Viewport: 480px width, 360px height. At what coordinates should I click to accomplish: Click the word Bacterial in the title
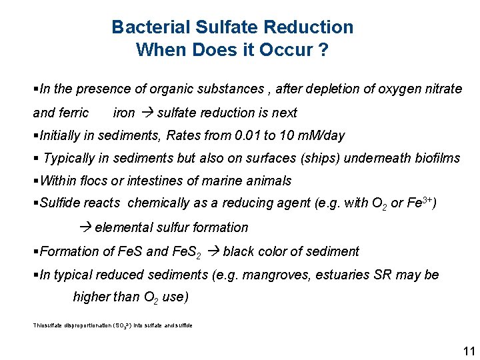pyautogui.click(x=151, y=27)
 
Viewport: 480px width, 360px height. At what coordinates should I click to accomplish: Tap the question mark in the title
pyautogui.click(x=323, y=50)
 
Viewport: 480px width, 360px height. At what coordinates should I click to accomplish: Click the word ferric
pyautogui.click(x=73, y=113)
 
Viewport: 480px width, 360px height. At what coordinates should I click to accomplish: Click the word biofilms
pyautogui.click(x=436, y=158)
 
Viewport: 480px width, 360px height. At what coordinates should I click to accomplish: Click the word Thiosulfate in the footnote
pyautogui.click(x=47, y=325)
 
